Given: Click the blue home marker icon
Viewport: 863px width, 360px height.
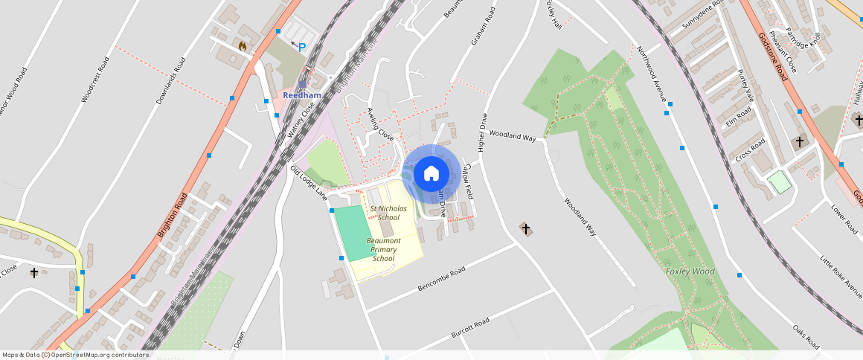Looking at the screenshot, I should click(x=431, y=174).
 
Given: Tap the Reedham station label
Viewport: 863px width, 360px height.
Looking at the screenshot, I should click(x=301, y=95).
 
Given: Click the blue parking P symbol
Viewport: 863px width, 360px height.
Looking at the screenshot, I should click(x=302, y=48).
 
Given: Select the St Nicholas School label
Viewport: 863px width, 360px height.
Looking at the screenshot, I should click(x=388, y=213).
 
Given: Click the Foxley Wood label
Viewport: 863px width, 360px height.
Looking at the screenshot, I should click(x=690, y=271).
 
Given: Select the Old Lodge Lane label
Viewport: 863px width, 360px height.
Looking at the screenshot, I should click(x=309, y=183).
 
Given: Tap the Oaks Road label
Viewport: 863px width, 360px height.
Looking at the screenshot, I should click(x=805, y=336).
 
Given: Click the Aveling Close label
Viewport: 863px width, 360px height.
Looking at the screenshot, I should click(x=380, y=124).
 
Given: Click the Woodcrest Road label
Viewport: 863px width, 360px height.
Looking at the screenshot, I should click(x=94, y=77).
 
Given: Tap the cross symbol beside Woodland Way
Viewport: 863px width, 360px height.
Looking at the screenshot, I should click(x=526, y=229).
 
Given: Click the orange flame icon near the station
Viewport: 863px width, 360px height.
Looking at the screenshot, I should click(x=242, y=45).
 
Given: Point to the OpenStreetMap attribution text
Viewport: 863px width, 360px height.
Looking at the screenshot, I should click(x=76, y=356).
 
